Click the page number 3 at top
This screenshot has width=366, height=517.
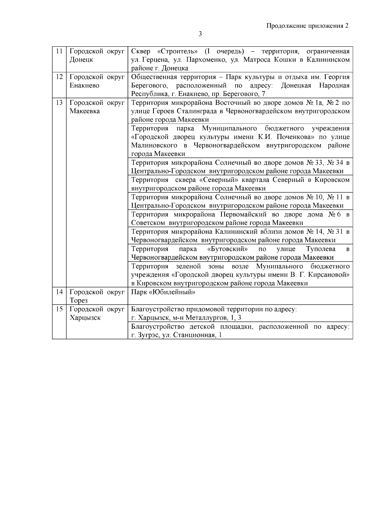200,34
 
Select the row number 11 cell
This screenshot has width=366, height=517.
59,51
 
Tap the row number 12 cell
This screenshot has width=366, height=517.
59,77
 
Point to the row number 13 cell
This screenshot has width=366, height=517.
59,103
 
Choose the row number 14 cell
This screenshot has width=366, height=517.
59,292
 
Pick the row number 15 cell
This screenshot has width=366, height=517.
59,309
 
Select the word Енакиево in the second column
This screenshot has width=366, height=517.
84,86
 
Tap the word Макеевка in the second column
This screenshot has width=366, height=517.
84,111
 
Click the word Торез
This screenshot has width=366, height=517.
78,301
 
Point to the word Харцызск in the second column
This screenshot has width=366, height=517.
85,318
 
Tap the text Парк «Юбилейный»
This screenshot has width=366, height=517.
163,292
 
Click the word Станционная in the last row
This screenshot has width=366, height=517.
194,335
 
